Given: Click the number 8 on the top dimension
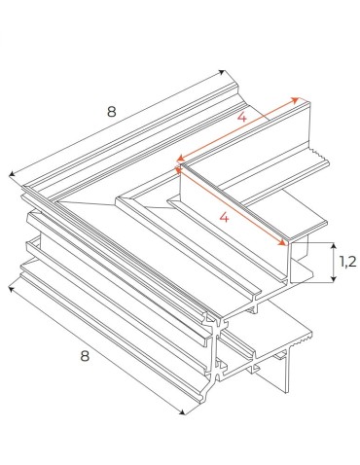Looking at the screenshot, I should click(111, 112).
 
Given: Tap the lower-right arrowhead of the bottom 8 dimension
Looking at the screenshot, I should click(184, 415).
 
